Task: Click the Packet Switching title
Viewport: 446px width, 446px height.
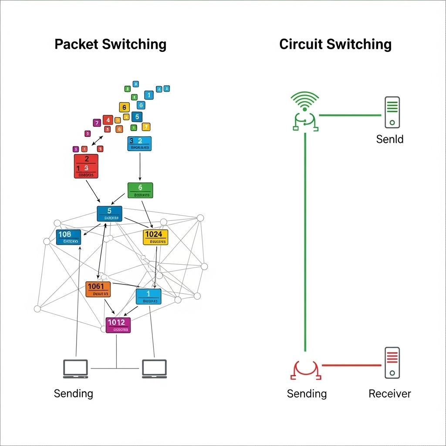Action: tap(110, 44)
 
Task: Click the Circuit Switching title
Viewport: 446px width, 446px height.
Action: tap(335, 44)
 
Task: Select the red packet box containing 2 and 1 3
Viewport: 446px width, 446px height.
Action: tap(86, 166)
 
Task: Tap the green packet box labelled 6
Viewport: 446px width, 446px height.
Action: tap(140, 190)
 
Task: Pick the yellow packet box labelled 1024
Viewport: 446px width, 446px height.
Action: tap(155, 237)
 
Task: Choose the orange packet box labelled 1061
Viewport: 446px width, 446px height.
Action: tap(98, 289)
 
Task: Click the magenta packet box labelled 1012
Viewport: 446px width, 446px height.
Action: tap(118, 325)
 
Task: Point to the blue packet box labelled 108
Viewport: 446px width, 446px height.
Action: tap(68, 237)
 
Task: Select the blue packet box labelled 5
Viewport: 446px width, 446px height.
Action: tap(109, 213)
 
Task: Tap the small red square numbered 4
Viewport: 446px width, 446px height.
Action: tap(108, 120)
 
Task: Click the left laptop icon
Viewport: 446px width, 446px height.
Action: tap(75, 369)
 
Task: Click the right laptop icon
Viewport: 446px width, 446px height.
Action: tap(154, 369)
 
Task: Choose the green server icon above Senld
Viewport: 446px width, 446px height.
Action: tap(392, 112)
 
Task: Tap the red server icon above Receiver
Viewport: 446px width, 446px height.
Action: tap(392, 363)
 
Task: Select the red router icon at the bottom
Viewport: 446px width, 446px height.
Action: tap(305, 370)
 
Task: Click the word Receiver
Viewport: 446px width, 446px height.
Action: tap(389, 394)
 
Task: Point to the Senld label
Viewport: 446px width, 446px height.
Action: tap(389, 139)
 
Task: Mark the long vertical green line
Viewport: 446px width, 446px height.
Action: tap(305, 240)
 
